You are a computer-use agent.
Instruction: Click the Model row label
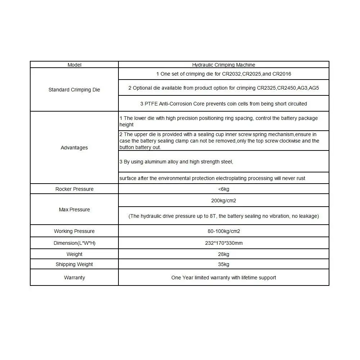click(x=75, y=65)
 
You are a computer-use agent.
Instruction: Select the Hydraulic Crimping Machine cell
click(x=224, y=65)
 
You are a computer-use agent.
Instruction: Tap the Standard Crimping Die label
click(x=74, y=90)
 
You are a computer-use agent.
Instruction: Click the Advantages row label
click(x=74, y=148)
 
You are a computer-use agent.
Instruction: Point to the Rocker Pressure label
click(x=74, y=189)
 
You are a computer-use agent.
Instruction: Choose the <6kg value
click(x=224, y=189)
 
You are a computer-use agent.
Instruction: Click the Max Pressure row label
click(x=74, y=210)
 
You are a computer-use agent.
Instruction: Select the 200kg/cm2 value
click(x=224, y=201)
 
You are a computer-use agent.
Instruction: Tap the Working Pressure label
click(x=74, y=231)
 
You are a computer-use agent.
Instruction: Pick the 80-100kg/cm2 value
click(x=224, y=231)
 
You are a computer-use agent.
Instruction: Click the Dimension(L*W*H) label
click(x=74, y=243)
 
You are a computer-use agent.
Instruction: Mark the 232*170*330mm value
click(x=224, y=243)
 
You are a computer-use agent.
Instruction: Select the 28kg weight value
click(x=224, y=254)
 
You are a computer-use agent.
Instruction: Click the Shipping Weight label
click(x=74, y=264)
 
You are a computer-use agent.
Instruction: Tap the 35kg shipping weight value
click(x=224, y=264)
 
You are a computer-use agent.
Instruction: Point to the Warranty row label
click(x=74, y=278)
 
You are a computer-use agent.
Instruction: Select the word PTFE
click(x=151, y=104)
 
